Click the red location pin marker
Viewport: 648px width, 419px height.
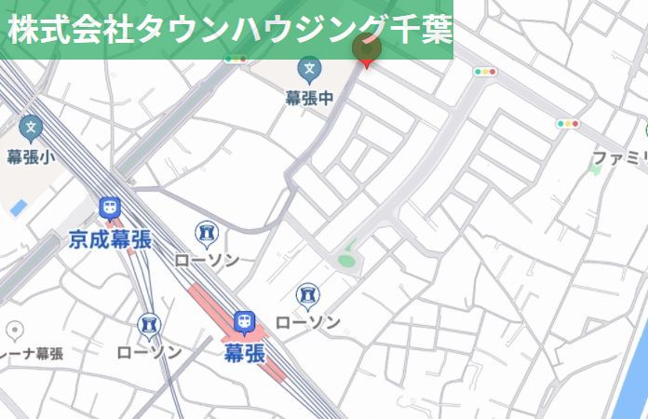pyautogui.click(x=366, y=53)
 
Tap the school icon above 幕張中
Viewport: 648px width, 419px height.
pyautogui.click(x=309, y=68)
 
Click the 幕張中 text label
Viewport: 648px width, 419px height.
pyautogui.click(x=309, y=97)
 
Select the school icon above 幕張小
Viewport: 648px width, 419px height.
pyautogui.click(x=32, y=128)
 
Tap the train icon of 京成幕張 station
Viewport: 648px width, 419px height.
pyautogui.click(x=110, y=208)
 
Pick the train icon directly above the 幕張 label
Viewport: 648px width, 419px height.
pyautogui.click(x=244, y=322)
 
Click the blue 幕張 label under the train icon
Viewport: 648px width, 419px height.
pyautogui.click(x=244, y=352)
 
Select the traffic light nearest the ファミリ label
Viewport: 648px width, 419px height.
pyautogui.click(x=567, y=123)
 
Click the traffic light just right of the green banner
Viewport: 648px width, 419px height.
pyautogui.click(x=484, y=71)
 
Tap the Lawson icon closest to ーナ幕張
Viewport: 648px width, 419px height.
pyautogui.click(x=149, y=325)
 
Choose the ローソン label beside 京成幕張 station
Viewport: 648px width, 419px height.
pyautogui.click(x=207, y=260)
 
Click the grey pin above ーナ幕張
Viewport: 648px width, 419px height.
pyautogui.click(x=15, y=331)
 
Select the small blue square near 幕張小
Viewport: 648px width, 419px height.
pyautogui.click(x=19, y=207)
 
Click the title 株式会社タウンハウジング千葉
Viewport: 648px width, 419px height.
pyautogui.click(x=229, y=29)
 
